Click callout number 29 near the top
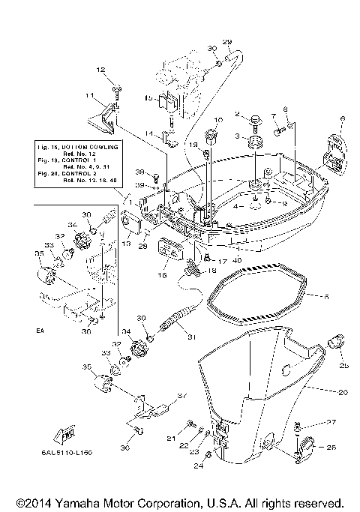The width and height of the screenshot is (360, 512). click(227, 41)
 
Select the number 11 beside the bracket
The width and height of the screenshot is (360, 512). click(88, 96)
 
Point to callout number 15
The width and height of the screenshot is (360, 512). click(148, 98)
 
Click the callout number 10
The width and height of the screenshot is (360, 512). click(219, 120)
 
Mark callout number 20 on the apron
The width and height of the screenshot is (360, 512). click(322, 392)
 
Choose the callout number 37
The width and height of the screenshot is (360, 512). click(181, 397)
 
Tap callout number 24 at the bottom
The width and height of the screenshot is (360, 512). click(198, 466)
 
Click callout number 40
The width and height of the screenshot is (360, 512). click(217, 259)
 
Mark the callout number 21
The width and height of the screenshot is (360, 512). click(170, 438)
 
